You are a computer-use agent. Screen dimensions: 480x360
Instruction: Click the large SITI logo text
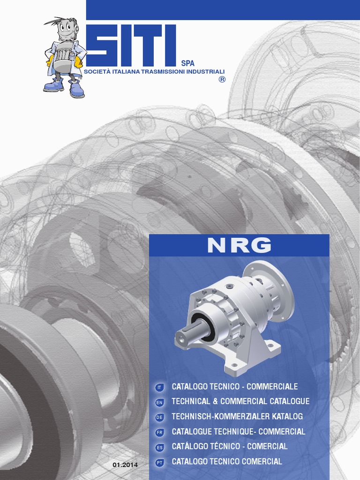click(131, 45)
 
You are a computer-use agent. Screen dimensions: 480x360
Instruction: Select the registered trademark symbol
click(222, 80)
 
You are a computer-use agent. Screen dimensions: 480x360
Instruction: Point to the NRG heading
click(239, 245)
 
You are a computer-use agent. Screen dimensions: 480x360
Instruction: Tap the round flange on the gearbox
click(269, 291)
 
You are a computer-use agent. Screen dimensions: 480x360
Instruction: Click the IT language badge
click(159, 387)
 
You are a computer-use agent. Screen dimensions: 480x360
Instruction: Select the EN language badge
click(159, 402)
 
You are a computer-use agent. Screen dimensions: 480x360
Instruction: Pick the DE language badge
click(159, 417)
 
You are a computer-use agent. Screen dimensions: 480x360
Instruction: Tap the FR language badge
click(159, 432)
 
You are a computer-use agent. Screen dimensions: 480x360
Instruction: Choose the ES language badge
click(159, 447)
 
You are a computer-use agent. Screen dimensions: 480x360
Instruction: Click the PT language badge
click(159, 462)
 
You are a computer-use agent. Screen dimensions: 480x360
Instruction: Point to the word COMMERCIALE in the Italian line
click(272, 386)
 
